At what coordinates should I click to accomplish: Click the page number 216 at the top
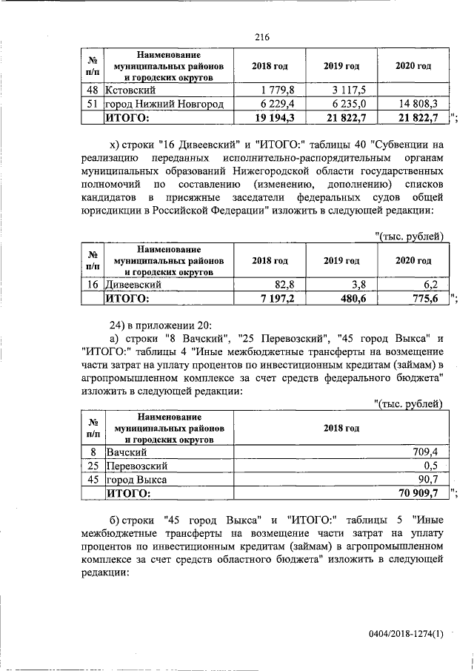pos(261,38)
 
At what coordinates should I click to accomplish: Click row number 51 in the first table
pos(93,103)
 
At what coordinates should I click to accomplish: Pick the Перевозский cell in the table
pos(137,466)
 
